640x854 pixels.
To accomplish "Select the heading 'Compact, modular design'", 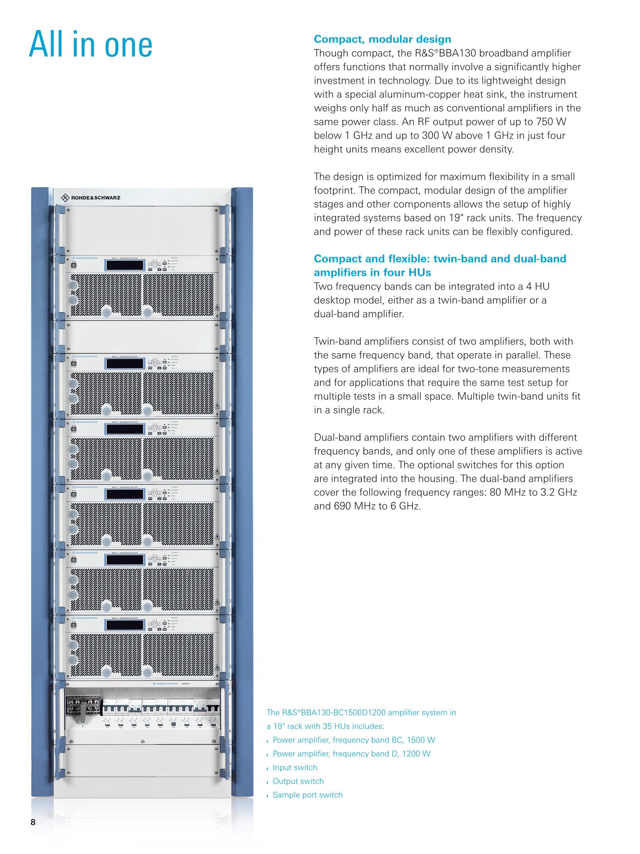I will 382,39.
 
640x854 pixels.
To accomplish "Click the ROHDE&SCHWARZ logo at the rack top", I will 91,198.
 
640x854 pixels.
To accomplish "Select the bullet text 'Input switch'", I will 295,767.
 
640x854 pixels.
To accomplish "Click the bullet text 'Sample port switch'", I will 307,795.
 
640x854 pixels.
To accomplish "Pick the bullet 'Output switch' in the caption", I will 298,781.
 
